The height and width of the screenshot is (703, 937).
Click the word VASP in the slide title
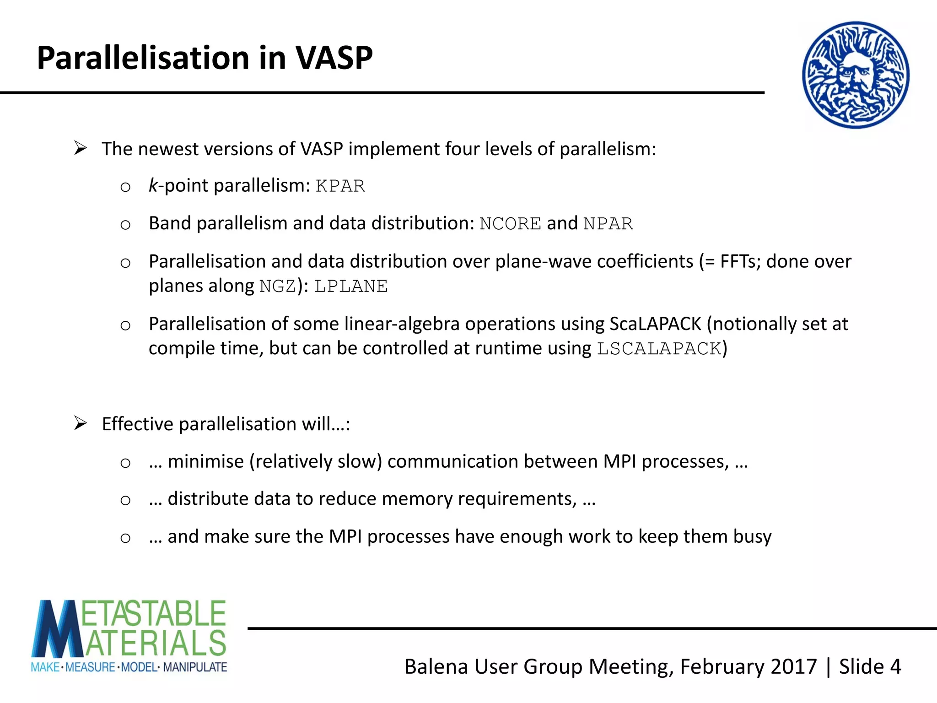[334, 58]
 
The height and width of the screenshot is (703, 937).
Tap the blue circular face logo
[856, 75]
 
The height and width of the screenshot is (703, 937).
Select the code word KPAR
[340, 186]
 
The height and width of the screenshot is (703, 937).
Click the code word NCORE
[510, 224]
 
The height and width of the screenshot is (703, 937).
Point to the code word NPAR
[608, 224]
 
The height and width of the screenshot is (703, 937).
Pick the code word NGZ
[278, 287]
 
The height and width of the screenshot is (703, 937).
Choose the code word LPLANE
[351, 287]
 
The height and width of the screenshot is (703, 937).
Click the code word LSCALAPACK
[659, 349]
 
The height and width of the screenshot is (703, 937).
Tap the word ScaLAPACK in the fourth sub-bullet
[655, 324]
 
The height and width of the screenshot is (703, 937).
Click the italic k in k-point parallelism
[153, 185]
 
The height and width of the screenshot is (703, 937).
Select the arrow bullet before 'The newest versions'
[81, 148]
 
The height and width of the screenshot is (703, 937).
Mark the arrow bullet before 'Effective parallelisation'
[81, 423]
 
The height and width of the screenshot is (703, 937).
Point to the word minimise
[206, 461]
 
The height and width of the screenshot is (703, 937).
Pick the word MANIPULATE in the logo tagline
[195, 667]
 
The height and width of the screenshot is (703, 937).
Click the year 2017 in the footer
[794, 667]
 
